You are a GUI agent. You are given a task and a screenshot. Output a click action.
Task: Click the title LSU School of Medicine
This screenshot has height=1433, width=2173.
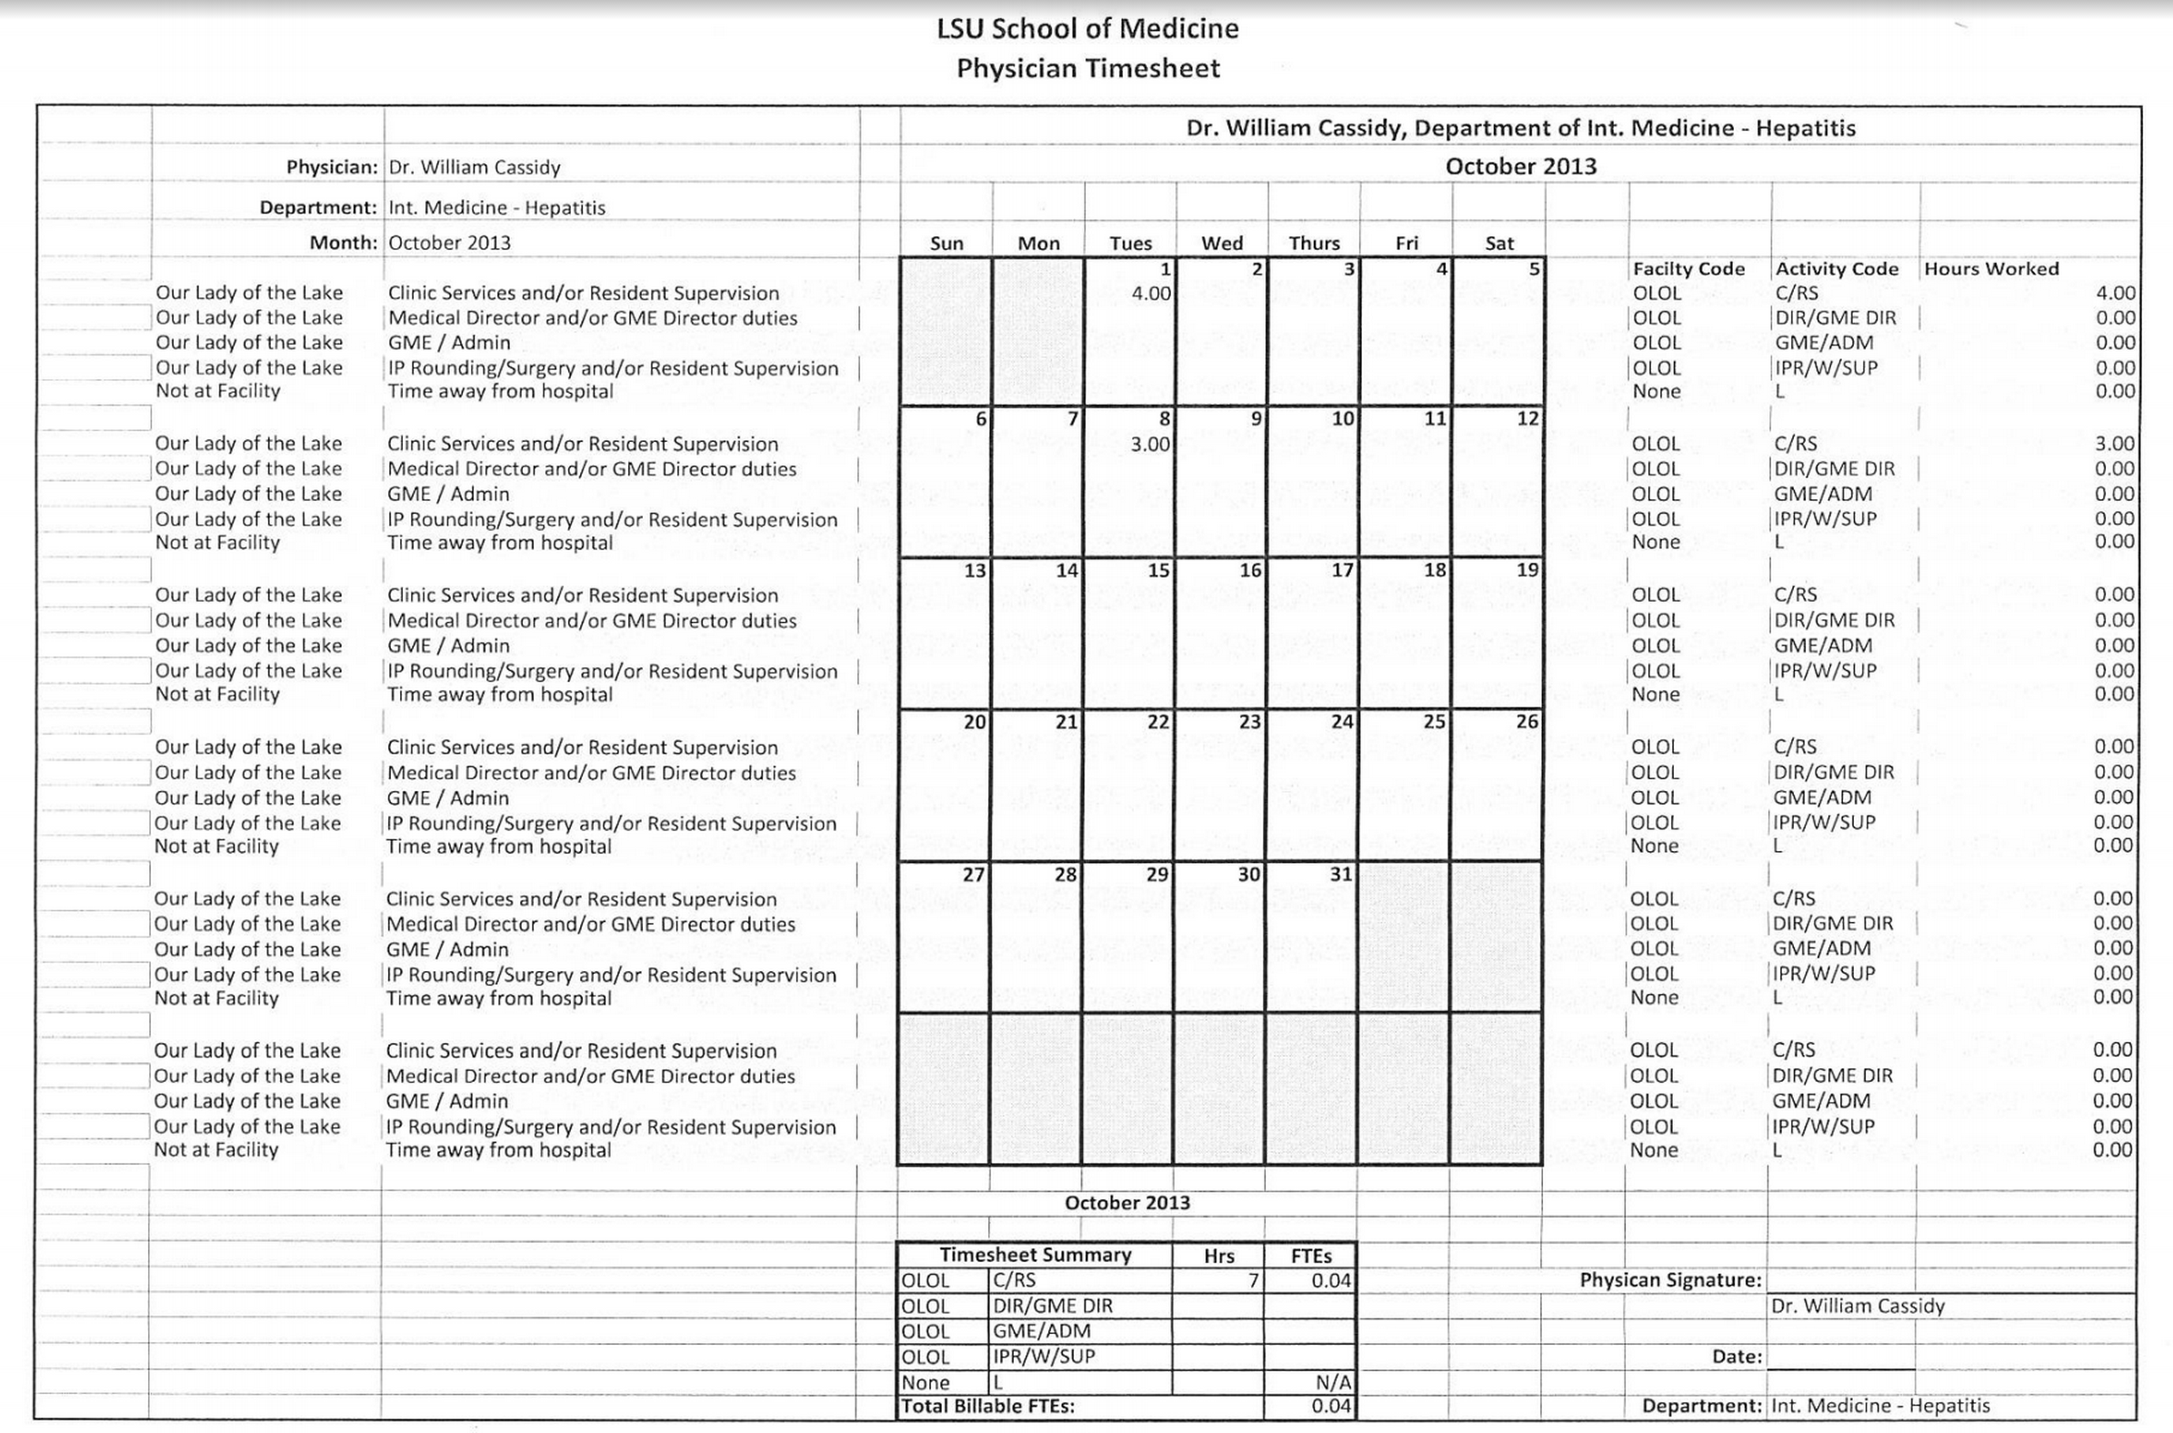pyautogui.click(x=1087, y=29)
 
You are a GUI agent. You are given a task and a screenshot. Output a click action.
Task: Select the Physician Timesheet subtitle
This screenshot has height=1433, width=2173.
pyautogui.click(x=1087, y=68)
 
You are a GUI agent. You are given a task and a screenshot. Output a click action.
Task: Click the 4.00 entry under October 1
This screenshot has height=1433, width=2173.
pyautogui.click(x=1150, y=294)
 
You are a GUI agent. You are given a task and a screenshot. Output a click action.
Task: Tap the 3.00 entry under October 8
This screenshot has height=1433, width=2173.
pyautogui.click(x=1149, y=444)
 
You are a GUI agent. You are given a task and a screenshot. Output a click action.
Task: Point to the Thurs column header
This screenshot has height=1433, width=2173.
pyautogui.click(x=1314, y=243)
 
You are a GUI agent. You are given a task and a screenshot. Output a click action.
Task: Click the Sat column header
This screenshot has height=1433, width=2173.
pyautogui.click(x=1498, y=243)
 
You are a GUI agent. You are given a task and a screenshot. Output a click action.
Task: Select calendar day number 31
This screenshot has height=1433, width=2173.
pyautogui.click(x=1340, y=874)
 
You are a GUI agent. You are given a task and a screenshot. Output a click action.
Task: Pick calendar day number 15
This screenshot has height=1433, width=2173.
pyautogui.click(x=1157, y=570)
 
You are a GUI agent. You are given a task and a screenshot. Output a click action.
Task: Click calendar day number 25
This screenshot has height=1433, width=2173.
pyautogui.click(x=1434, y=722)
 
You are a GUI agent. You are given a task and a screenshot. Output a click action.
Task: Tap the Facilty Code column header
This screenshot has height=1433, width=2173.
pyautogui.click(x=1688, y=269)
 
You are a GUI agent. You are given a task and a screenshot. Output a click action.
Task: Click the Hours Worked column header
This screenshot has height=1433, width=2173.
pyautogui.click(x=1991, y=269)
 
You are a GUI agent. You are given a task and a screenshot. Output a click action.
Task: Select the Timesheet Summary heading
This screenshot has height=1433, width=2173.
pyautogui.click(x=1036, y=1255)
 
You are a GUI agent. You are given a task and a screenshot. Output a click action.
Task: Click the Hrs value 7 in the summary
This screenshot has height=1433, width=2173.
pyautogui.click(x=1253, y=1280)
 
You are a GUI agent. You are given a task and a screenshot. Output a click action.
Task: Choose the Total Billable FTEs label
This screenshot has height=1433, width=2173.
pyautogui.click(x=987, y=1407)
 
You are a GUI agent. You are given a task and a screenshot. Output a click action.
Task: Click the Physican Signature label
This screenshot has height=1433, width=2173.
pyautogui.click(x=1669, y=1280)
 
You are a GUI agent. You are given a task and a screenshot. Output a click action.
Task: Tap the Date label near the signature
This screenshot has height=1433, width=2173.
pyautogui.click(x=1737, y=1358)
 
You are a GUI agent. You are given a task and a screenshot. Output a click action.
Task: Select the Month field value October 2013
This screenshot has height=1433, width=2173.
pyautogui.click(x=449, y=243)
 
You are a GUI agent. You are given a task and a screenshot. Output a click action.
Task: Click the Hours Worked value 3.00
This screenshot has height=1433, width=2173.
pyautogui.click(x=2115, y=443)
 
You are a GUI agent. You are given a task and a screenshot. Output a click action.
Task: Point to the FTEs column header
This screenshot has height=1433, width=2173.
pyautogui.click(x=1311, y=1256)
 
